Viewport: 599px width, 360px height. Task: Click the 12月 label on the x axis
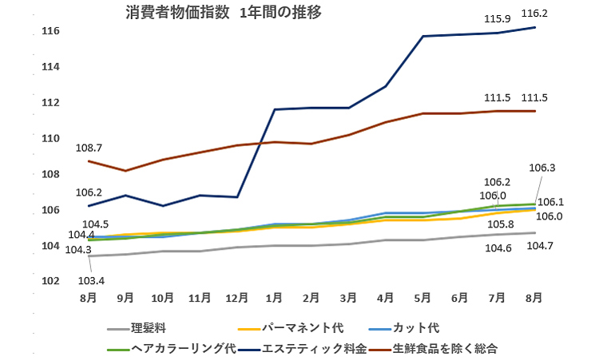236,298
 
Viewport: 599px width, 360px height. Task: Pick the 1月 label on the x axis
274,298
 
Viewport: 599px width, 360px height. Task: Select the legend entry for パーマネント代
302,327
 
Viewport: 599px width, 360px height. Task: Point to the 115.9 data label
498,18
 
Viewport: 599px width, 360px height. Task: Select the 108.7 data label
89,148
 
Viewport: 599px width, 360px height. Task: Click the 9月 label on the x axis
125,298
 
